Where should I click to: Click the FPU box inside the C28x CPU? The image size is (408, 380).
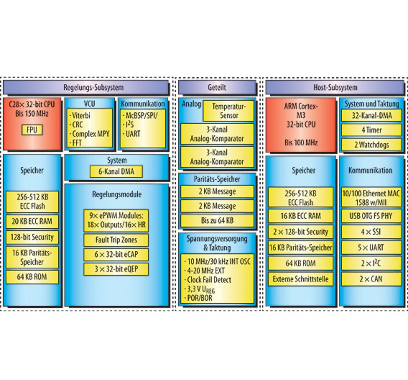(32, 130)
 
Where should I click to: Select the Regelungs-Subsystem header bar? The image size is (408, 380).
(86, 87)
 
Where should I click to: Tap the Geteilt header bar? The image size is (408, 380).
(217, 87)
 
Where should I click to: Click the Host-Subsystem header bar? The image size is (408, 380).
(335, 87)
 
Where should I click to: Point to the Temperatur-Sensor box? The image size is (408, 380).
(229, 111)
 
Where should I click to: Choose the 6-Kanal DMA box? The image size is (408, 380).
(116, 171)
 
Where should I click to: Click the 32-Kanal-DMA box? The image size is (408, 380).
(371, 115)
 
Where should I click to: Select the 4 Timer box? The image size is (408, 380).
(371, 130)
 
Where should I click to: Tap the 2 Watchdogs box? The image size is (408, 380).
(371, 145)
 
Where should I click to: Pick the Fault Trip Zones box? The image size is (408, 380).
(116, 240)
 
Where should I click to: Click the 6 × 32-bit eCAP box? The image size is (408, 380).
(116, 255)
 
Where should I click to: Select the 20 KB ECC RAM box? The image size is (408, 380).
(32, 221)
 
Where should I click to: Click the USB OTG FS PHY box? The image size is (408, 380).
(371, 216)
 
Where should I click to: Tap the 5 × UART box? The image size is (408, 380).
(371, 247)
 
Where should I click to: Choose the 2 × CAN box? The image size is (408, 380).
(371, 279)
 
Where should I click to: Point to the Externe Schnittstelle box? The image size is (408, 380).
(301, 279)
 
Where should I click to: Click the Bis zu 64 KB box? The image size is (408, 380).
(217, 221)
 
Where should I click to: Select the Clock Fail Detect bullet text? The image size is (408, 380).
(208, 280)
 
